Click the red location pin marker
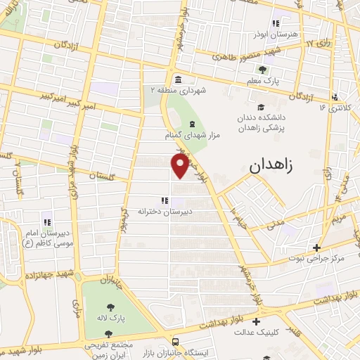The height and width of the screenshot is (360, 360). [180, 166]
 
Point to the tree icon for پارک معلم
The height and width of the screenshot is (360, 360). [263, 69]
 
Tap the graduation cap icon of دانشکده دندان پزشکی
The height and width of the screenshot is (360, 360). [262, 108]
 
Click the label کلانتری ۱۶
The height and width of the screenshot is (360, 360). [333, 108]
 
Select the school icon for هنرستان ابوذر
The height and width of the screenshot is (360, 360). [276, 23]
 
